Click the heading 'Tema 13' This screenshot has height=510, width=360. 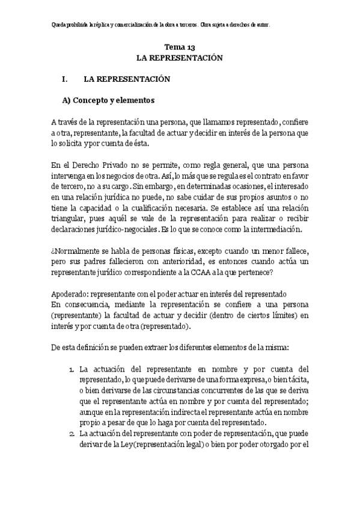point(180,47)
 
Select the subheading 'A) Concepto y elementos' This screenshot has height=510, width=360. point(109,100)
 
